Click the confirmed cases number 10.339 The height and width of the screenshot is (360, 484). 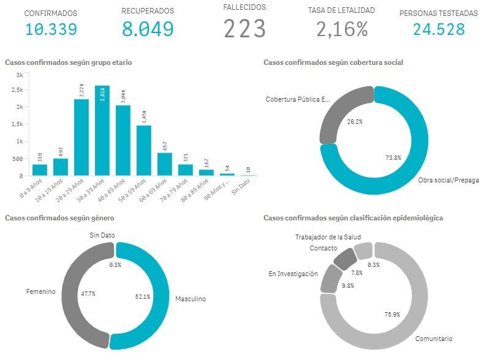(x=51, y=28)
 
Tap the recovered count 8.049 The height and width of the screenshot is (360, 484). (x=147, y=29)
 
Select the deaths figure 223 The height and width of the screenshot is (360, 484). (x=244, y=29)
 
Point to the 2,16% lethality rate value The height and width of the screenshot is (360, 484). (x=342, y=29)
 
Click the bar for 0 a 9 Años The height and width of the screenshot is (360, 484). (x=40, y=170)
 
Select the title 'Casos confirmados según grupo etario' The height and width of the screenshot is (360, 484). (x=68, y=62)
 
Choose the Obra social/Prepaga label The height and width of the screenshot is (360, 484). (x=448, y=181)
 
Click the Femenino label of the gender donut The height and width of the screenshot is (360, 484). (x=40, y=292)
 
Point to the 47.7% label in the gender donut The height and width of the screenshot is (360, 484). (x=88, y=294)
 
